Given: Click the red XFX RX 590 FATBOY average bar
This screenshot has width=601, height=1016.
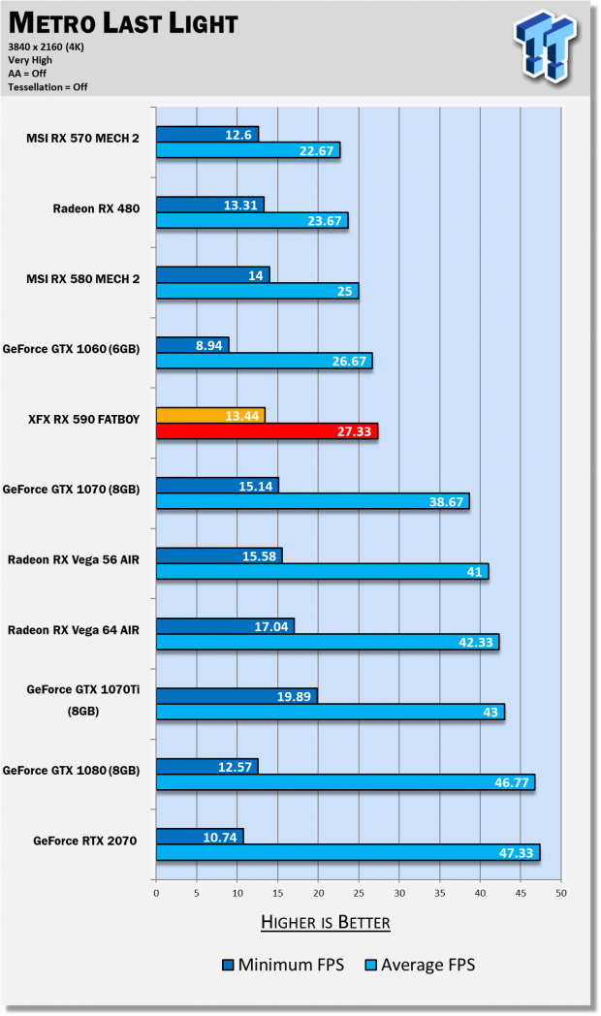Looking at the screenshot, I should coord(267,431).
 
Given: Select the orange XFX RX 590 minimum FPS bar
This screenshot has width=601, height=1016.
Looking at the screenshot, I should coord(209,415).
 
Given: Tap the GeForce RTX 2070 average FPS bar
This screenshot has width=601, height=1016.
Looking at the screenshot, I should coord(347,852).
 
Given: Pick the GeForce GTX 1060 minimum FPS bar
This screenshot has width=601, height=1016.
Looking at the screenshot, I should coord(192,344).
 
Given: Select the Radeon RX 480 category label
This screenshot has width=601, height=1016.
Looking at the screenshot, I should coord(96,207).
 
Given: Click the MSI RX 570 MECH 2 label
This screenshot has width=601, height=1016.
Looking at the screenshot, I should coord(82,138).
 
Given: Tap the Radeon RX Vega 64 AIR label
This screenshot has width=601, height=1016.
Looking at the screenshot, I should coord(74,629).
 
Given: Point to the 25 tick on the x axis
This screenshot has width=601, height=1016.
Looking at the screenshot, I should coord(358,893).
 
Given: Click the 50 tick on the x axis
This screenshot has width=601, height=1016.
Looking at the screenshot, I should coord(560,893).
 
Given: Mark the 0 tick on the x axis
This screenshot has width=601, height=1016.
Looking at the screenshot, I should coord(156,893).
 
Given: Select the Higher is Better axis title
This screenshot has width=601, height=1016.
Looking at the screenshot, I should coord(325,922).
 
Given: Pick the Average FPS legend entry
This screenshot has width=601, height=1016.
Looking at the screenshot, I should coord(420,965).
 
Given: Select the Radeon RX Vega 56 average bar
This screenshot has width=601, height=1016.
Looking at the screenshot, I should coord(322,572).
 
